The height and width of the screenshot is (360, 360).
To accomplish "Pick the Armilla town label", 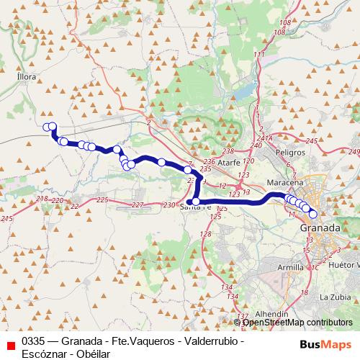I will (x=292, y=267).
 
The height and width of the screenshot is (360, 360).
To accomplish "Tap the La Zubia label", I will (x=335, y=297).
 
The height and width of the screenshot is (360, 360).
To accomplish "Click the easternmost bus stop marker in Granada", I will (x=312, y=213).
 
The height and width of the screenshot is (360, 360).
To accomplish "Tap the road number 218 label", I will (x=40, y=199).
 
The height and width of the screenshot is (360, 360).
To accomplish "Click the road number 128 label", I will (x=205, y=235).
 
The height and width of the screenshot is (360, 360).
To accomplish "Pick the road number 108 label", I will (x=284, y=24).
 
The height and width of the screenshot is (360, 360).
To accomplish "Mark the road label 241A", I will (x=264, y=138).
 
